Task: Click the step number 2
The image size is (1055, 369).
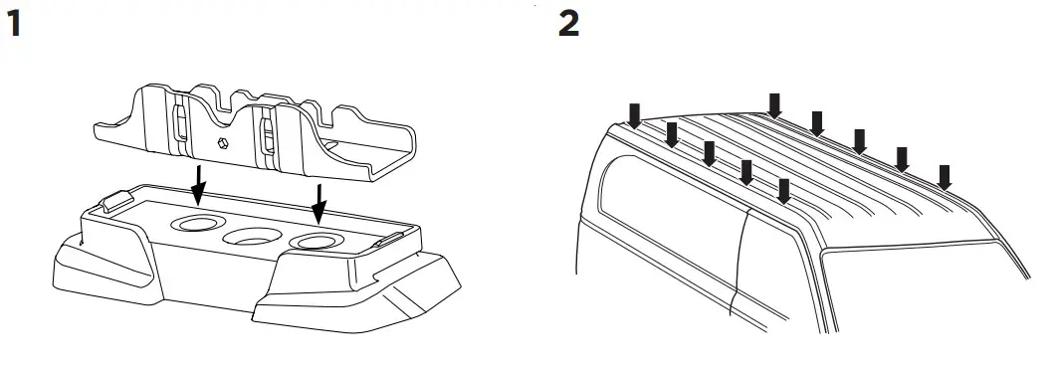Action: tap(568, 25)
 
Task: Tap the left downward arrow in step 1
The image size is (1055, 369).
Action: tap(199, 183)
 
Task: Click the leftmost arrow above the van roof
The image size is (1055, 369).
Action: tap(633, 113)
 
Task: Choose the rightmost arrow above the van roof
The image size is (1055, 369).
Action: tap(945, 176)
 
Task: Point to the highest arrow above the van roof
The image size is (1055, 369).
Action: tap(775, 103)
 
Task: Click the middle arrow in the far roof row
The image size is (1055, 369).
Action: tap(860, 140)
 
